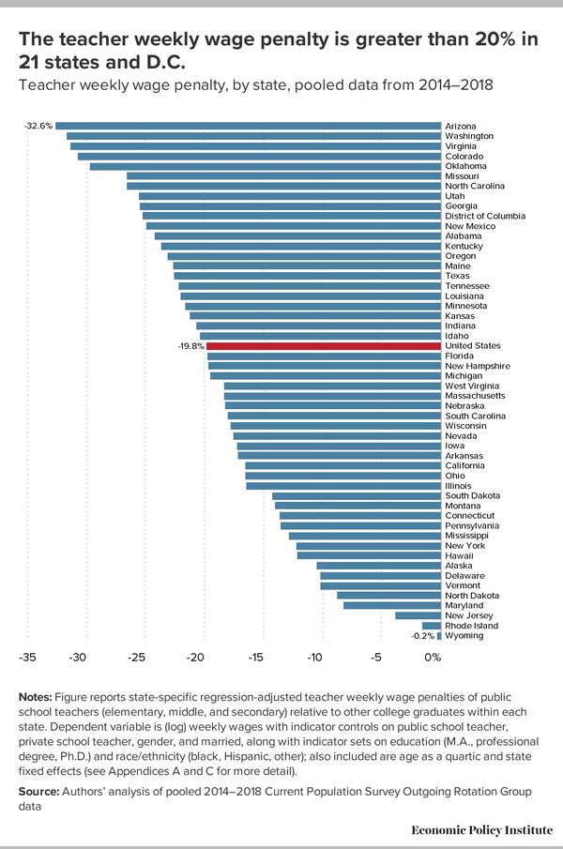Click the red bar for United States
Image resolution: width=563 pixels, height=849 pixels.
[x=324, y=345]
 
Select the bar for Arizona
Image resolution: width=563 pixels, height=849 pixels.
[x=249, y=126]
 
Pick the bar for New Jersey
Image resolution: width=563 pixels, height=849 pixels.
[x=418, y=615]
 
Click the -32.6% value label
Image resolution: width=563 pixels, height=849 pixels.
[x=38, y=126]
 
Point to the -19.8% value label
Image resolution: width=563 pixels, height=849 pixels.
[x=190, y=345]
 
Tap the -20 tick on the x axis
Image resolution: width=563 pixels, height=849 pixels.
[x=195, y=658]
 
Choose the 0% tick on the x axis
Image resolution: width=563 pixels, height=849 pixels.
[x=433, y=658]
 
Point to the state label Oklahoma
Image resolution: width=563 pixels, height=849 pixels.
[x=465, y=166]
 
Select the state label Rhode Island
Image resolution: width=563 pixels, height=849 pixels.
[x=471, y=625]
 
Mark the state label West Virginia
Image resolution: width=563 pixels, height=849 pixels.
[x=472, y=386]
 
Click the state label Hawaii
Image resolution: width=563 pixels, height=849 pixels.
[x=459, y=555]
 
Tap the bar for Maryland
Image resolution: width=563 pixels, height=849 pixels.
[x=392, y=605]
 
